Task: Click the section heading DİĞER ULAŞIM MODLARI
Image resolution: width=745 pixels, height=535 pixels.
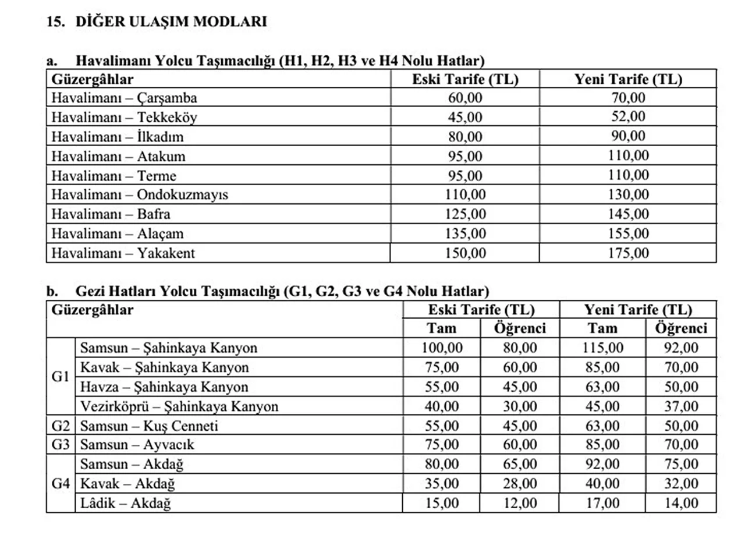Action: [x=171, y=22]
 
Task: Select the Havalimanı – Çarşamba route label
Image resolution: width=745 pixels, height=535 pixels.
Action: [x=124, y=98]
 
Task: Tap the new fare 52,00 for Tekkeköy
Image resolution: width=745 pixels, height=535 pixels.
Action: [x=628, y=117]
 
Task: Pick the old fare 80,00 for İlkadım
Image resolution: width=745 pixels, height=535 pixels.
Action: [x=465, y=137]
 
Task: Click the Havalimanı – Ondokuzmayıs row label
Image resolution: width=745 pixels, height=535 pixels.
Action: [x=140, y=194]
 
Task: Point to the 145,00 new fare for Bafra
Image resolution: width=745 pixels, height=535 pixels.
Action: [x=628, y=214]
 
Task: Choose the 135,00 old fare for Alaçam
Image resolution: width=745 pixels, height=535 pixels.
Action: [x=465, y=233]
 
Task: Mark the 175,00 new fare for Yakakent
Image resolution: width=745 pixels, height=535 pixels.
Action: [x=628, y=253]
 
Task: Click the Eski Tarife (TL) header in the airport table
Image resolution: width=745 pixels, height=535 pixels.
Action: [x=465, y=79]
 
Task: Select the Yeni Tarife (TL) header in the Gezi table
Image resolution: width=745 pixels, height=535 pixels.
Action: [x=638, y=309]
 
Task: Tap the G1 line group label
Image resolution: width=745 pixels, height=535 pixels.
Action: [x=61, y=377]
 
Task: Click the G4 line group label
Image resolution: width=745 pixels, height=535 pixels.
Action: [x=61, y=484]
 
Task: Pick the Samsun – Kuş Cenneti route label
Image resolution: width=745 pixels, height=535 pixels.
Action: [x=149, y=426]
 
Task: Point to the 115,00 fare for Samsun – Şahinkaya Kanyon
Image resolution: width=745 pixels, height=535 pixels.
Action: [x=602, y=348]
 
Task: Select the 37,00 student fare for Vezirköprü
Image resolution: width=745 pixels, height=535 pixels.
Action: [x=681, y=406]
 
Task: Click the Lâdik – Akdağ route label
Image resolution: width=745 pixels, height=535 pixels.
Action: [x=125, y=504]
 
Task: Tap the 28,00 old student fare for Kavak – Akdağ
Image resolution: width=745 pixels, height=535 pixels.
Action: [x=520, y=484]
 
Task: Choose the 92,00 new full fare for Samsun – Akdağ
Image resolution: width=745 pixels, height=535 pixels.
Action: [x=602, y=465]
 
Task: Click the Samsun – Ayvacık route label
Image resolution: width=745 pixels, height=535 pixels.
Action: [x=137, y=445]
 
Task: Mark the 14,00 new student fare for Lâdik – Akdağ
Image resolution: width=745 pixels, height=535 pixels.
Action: [x=681, y=504]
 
